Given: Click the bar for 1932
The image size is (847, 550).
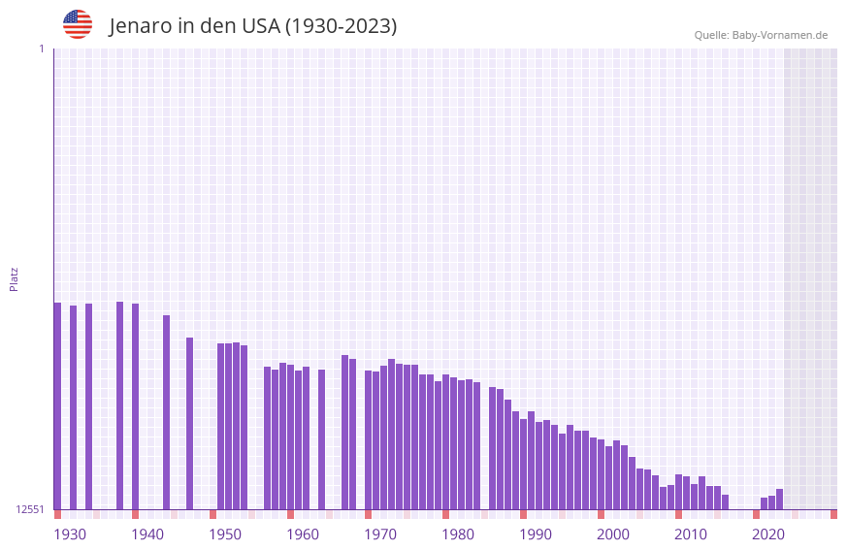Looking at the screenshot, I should (73, 407).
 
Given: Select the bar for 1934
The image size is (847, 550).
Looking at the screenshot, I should (88, 406).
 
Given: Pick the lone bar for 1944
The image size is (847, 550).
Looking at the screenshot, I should (166, 412).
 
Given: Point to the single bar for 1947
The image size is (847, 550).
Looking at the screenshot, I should (189, 423).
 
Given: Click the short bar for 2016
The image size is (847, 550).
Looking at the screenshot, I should (725, 501).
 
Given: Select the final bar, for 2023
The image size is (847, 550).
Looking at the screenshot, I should (779, 499).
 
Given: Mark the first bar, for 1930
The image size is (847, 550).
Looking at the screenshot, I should (57, 406).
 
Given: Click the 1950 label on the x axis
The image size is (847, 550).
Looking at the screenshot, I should (225, 534).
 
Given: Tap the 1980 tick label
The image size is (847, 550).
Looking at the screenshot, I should (458, 534).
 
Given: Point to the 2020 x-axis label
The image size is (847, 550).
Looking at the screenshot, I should (768, 534).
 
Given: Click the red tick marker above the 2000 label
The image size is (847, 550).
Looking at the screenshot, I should (601, 514).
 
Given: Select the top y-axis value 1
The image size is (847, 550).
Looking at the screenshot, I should (41, 49).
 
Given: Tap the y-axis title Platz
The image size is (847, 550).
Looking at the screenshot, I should (14, 278).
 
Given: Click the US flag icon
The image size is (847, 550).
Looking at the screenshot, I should (78, 24).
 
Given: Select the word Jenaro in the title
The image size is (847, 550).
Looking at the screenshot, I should (140, 26).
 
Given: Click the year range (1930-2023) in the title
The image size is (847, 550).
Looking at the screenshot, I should (341, 26).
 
